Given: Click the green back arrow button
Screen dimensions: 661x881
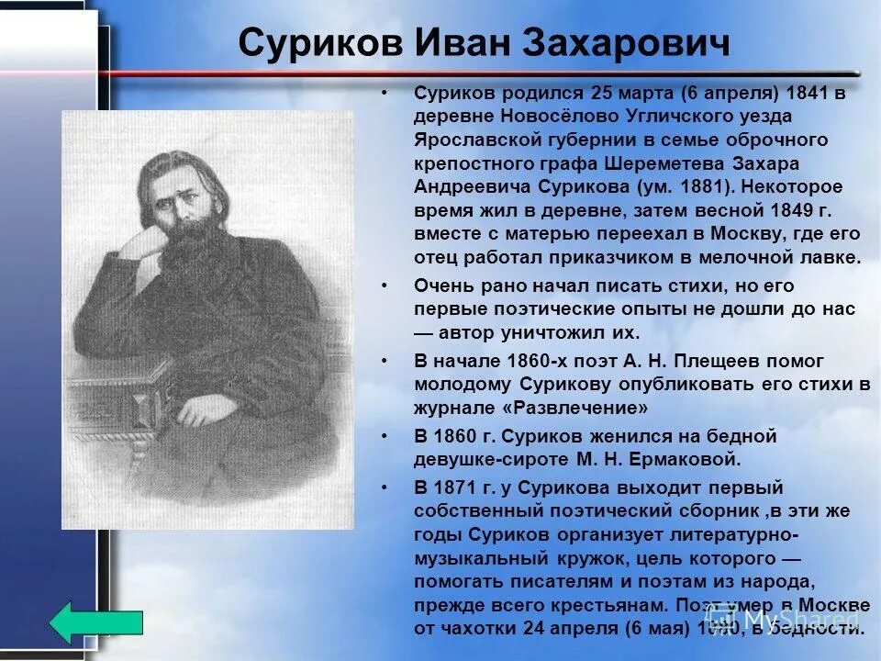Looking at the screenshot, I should tap(95, 622).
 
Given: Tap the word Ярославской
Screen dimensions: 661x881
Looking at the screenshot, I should tap(470, 140).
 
